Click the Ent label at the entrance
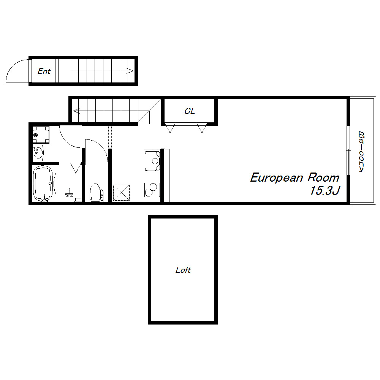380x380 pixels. point(44,71)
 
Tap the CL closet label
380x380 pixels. point(190,111)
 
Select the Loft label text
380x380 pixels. point(183,270)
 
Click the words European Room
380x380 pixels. point(294,177)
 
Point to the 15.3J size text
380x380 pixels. point(325,190)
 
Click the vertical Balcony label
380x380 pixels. point(361,152)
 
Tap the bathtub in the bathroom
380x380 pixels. point(43,184)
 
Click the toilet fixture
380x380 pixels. point(97,192)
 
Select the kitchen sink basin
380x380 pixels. point(152,161)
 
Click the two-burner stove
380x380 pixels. point(152,190)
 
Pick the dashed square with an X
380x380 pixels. point(122,193)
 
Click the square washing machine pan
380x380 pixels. point(41,135)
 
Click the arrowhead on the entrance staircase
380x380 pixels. point(130,71)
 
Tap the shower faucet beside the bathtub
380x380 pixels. point(69,193)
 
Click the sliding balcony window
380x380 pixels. point(348,150)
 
